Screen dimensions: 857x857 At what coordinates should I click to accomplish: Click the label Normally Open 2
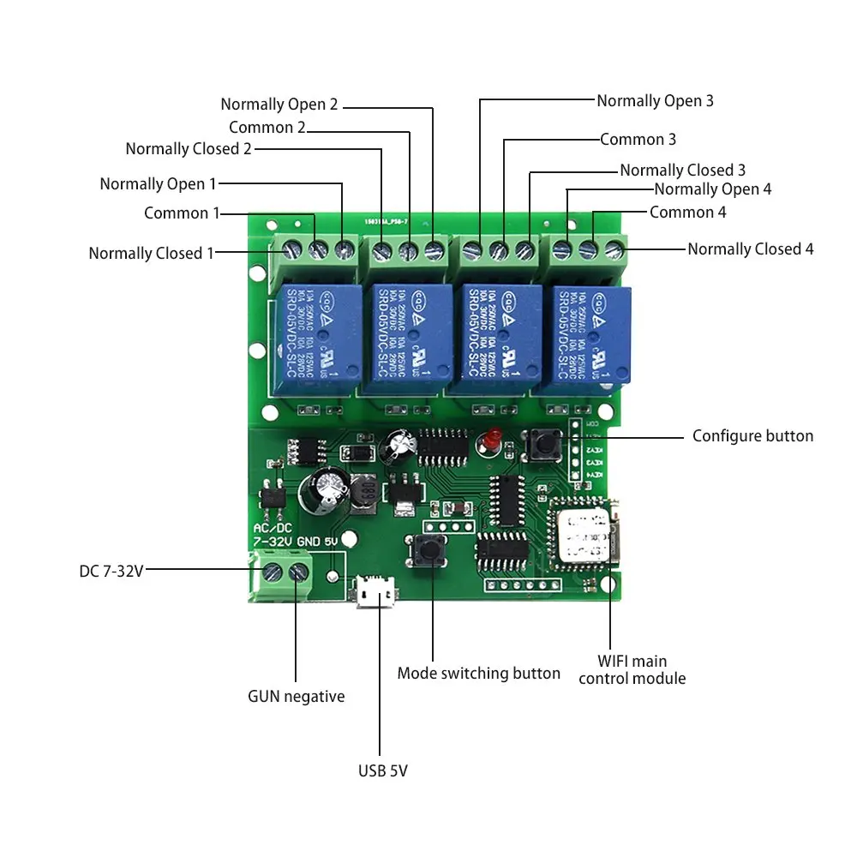pos(279,105)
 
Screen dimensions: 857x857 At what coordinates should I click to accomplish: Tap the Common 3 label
pos(638,139)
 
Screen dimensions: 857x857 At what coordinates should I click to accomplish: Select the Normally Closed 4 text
pos(750,249)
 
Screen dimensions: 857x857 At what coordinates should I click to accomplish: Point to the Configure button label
pos(752,436)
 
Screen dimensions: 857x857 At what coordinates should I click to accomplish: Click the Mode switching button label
pos(478,674)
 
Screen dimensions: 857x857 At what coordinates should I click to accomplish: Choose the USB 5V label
pos(382,770)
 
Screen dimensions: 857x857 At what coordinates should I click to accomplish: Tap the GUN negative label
pos(296,696)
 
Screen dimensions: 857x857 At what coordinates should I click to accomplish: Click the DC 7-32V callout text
pos(111,570)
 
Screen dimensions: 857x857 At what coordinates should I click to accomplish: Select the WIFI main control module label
pos(632,669)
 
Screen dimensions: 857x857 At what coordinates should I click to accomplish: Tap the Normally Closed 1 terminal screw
pos(290,251)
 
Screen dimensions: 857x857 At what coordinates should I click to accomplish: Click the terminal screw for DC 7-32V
pos(273,572)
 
